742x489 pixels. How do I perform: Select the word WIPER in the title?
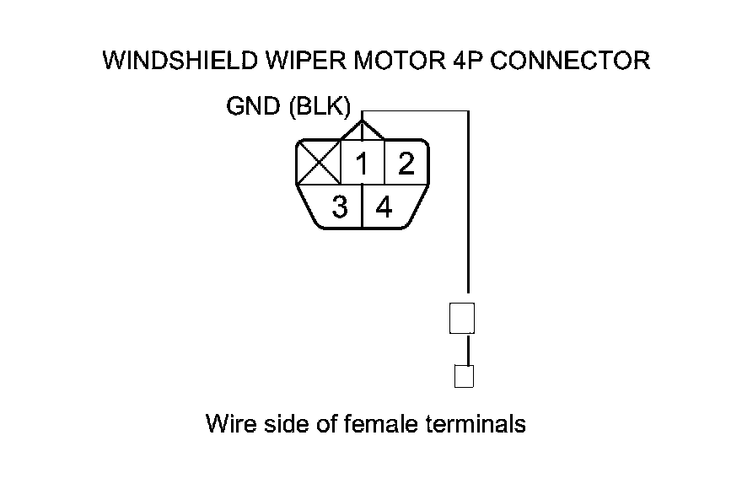(293, 62)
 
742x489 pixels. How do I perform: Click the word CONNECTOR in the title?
(567, 62)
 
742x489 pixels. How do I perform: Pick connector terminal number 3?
(339, 207)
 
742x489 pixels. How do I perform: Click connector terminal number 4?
(384, 207)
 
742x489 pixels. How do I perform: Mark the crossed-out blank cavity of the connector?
(318, 164)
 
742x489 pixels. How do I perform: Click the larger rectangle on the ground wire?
(463, 318)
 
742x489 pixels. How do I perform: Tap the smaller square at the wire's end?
(463, 376)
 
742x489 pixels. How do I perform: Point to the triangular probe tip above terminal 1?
(363, 130)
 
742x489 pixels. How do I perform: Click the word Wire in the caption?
(229, 422)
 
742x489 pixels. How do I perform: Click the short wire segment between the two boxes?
(463, 350)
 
